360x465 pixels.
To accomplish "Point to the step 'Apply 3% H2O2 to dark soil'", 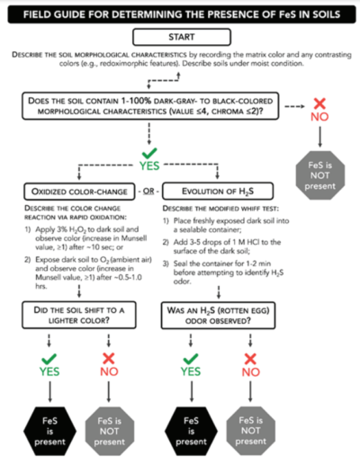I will (76, 237).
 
